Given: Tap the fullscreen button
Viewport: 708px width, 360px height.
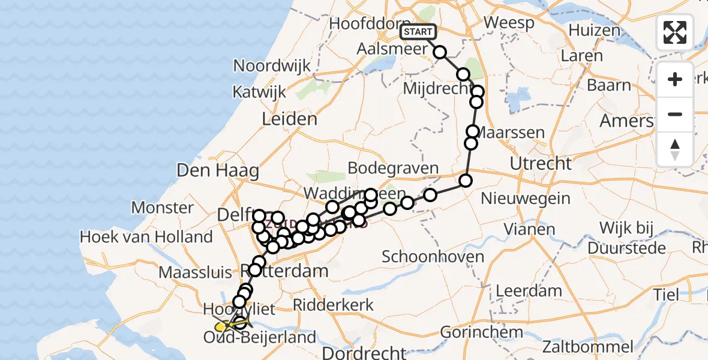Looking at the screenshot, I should coord(675,32).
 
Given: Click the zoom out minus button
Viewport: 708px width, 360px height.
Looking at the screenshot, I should coord(675,114).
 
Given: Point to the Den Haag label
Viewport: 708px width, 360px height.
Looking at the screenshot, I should coord(217,170).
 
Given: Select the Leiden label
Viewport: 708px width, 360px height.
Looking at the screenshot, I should coord(289,119).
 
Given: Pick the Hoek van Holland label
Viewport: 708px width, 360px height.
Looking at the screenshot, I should coord(146,237).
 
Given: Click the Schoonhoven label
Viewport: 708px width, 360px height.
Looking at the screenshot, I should coord(434,257).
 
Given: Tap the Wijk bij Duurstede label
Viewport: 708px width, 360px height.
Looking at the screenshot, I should coord(635,238).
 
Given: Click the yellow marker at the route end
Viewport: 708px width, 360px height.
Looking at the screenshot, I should coord(220,327).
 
